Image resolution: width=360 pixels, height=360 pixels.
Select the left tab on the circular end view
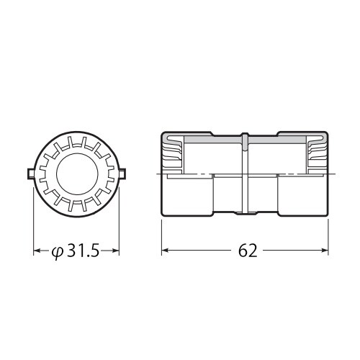coord(30,173)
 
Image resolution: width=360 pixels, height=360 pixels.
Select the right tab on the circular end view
coord(122,173)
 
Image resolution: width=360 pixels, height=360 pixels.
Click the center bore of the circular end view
coord(76,173)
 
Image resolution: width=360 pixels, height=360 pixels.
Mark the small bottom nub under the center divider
coord(246,214)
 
